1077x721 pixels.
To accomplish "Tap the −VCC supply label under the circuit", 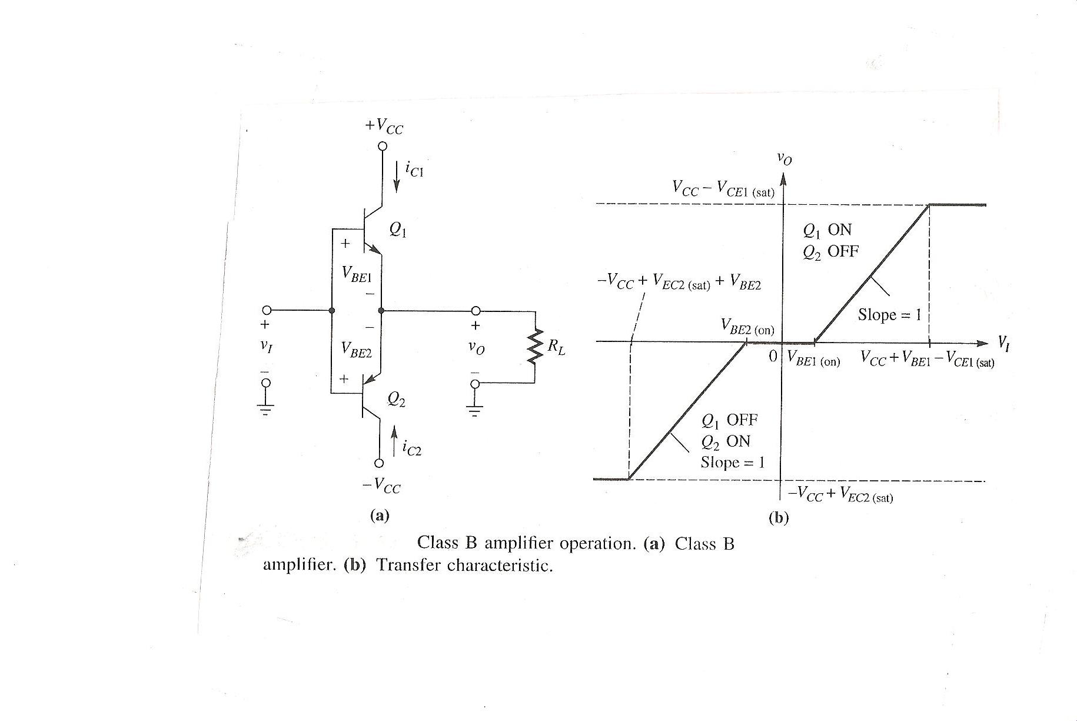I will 381,486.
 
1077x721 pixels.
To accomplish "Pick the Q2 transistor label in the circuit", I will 396,400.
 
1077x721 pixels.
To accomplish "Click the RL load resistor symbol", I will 535,346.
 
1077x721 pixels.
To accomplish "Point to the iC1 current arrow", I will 397,177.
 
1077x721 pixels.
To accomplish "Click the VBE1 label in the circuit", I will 356,274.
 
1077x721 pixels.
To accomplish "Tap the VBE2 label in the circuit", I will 356,350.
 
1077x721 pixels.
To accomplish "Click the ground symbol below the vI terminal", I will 266,408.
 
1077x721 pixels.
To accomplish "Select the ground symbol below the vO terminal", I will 475,408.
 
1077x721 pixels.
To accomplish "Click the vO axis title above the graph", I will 784,158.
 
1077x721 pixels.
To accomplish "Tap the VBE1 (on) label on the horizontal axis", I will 813,359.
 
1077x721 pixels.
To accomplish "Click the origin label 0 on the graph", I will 773,356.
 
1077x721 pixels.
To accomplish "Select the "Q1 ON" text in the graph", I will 827,230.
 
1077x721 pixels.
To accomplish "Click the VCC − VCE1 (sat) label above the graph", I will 723,189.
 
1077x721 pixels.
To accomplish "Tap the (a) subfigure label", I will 379,516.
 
